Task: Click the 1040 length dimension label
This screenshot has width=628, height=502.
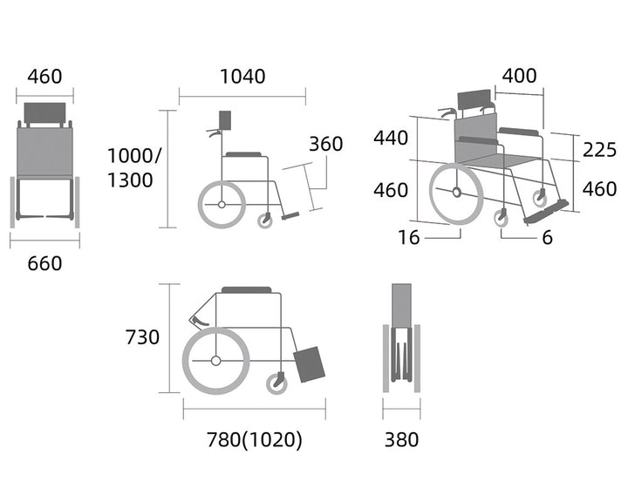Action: (x=242, y=77)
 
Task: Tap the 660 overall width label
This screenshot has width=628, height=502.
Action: (x=44, y=263)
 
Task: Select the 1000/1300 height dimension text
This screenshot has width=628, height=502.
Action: (x=134, y=167)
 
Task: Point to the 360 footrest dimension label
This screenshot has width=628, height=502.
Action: (x=325, y=144)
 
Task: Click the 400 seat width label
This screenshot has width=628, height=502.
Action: (x=520, y=76)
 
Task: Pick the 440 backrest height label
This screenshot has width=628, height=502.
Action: (x=391, y=138)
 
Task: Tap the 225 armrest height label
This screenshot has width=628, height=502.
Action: (x=599, y=150)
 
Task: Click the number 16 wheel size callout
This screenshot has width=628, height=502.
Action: (x=408, y=238)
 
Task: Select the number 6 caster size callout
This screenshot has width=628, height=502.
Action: (x=548, y=238)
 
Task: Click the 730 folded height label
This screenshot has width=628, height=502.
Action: (x=142, y=337)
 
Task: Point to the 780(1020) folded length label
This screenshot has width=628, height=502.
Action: (x=255, y=439)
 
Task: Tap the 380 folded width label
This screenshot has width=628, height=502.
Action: (x=402, y=439)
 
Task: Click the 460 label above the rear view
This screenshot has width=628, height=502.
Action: (x=44, y=77)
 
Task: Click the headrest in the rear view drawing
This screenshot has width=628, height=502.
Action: (x=44, y=113)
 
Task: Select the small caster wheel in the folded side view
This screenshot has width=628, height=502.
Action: (x=276, y=383)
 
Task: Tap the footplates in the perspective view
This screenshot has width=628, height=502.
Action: (x=546, y=211)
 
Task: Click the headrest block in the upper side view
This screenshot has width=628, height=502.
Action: (x=225, y=120)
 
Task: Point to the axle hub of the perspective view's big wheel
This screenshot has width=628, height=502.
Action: (x=456, y=192)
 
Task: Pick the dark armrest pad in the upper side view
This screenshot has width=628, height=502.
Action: (x=243, y=154)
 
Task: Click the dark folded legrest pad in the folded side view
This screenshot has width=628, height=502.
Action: (x=309, y=364)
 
